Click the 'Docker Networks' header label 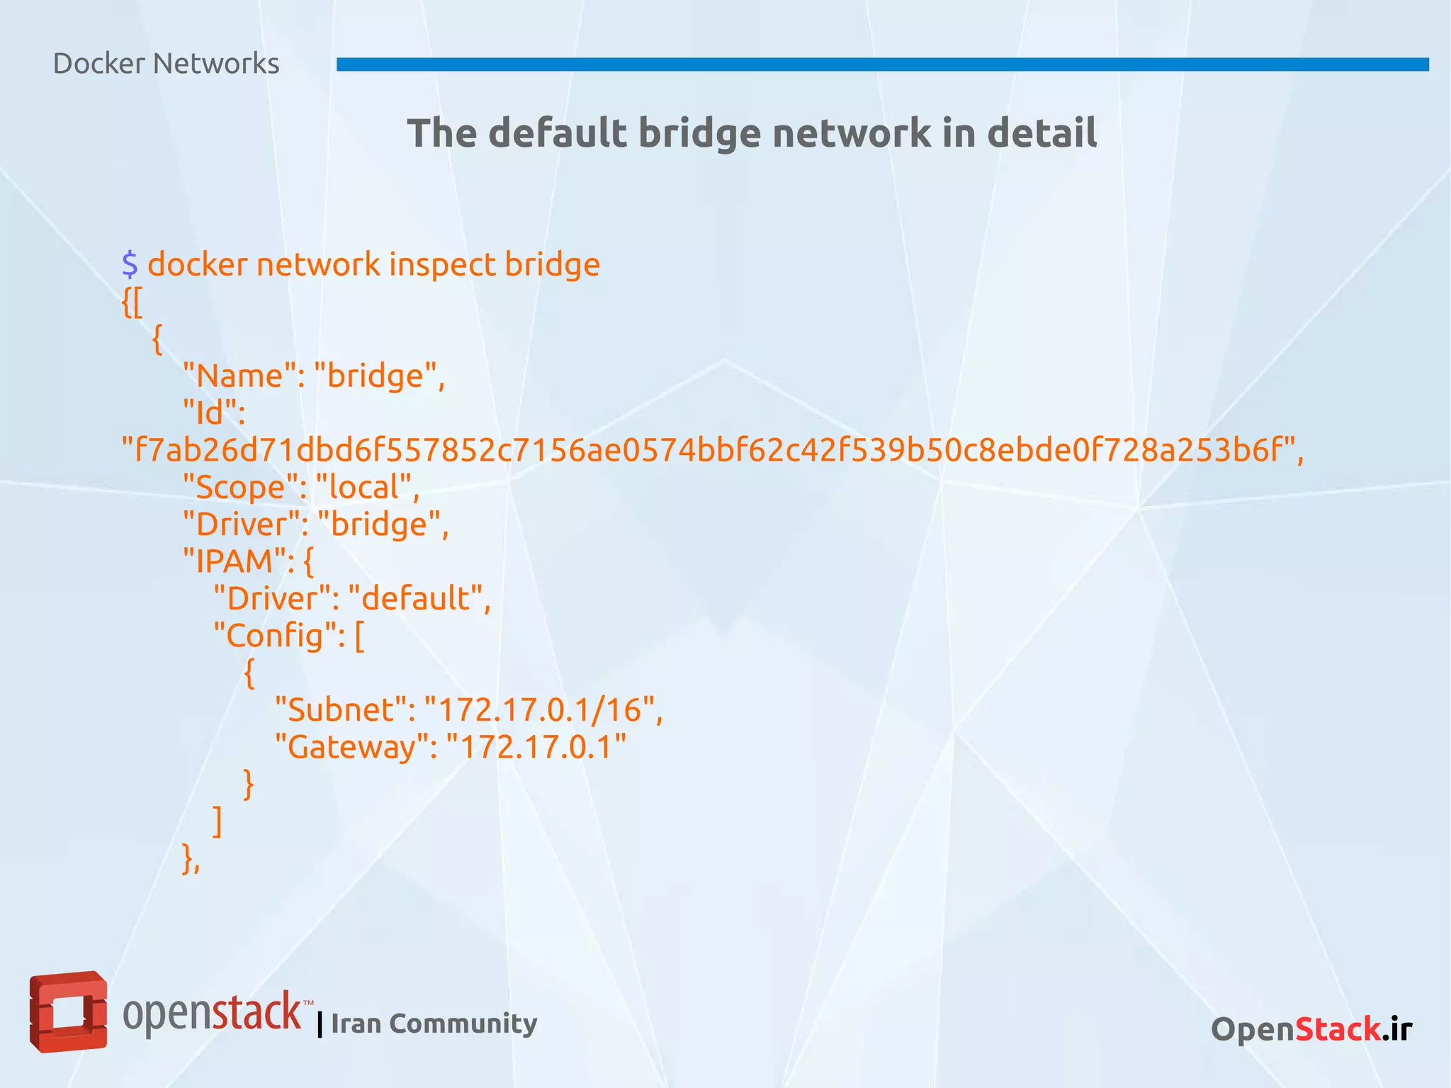(x=166, y=64)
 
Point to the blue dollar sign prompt (x=130, y=264)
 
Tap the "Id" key (x=213, y=413)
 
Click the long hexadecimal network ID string (x=712, y=450)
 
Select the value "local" (x=367, y=488)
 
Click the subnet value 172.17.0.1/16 (x=543, y=710)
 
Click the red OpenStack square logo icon (x=68, y=1011)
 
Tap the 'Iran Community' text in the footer (x=434, y=1023)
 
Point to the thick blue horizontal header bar (x=882, y=65)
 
